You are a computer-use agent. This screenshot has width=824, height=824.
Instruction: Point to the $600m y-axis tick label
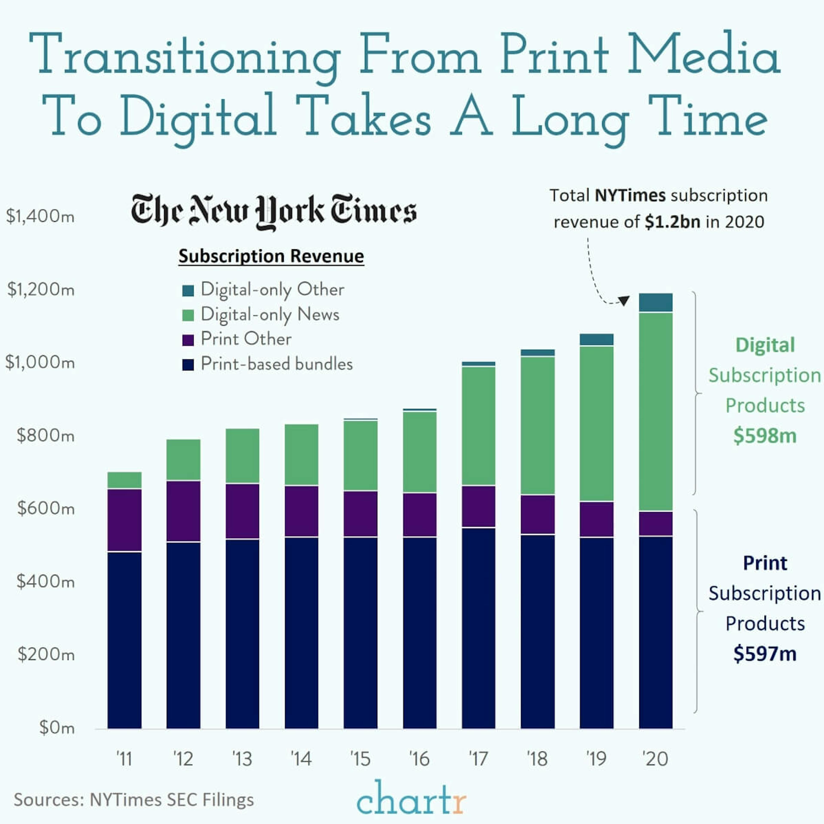point(46,508)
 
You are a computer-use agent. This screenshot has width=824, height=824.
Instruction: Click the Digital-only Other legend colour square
point(188,291)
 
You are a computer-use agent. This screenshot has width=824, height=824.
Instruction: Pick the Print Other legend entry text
point(246,339)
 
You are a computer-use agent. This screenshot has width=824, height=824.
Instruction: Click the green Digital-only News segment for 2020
point(656,412)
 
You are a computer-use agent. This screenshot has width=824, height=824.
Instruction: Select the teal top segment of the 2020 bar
point(656,302)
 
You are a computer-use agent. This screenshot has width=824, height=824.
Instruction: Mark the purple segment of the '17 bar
point(478,506)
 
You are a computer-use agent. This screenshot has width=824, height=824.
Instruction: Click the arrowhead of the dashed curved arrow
point(624,301)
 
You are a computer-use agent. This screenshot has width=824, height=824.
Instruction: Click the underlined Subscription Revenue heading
point(271,256)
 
